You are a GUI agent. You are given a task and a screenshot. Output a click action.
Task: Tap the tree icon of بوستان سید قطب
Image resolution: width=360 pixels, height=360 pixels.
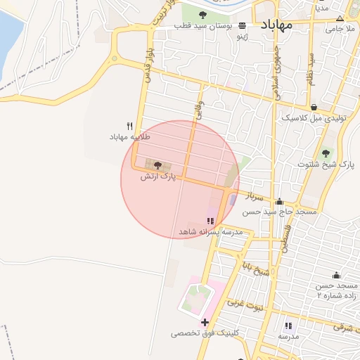(x=203, y=14)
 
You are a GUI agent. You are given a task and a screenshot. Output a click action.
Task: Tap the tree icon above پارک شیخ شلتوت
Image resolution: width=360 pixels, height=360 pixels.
(x=325, y=153)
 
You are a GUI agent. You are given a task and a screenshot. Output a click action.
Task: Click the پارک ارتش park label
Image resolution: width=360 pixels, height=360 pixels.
(x=157, y=176)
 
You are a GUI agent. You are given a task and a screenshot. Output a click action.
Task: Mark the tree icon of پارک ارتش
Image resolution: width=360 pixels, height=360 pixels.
(x=157, y=165)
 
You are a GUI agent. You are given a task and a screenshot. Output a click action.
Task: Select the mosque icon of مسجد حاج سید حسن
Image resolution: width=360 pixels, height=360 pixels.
(x=279, y=201)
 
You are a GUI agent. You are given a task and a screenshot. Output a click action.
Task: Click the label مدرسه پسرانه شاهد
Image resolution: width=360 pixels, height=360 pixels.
(x=210, y=231)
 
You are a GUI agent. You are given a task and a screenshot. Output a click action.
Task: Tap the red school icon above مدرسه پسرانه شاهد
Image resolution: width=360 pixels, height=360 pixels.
(x=210, y=221)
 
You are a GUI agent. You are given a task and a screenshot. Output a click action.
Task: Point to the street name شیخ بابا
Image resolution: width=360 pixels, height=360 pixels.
(x=253, y=267)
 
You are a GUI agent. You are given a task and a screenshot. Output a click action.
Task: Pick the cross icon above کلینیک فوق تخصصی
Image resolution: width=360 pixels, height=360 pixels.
(x=205, y=322)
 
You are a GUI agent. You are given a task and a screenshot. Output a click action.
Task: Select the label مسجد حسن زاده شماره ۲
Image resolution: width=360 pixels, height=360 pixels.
(x=336, y=290)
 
